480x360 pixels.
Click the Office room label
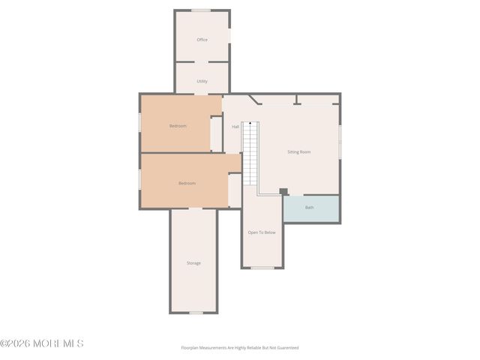click(x=202, y=40)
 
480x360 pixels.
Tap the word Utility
click(x=202, y=81)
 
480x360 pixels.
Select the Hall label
click(x=235, y=127)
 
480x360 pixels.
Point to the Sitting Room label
click(x=298, y=151)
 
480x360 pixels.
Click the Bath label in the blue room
click(x=309, y=208)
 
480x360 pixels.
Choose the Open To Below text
click(x=262, y=232)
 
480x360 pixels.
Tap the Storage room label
click(x=193, y=262)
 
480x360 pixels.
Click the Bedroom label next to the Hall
click(x=178, y=126)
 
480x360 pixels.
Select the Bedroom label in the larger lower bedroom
click(x=187, y=183)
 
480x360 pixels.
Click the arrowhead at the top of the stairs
click(x=250, y=123)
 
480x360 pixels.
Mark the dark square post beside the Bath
click(x=283, y=191)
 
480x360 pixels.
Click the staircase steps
click(x=250, y=157)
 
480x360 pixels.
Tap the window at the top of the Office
click(x=200, y=10)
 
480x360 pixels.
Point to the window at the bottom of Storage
click(x=196, y=313)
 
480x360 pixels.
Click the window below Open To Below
click(x=262, y=267)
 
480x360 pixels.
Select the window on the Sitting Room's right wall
click(x=340, y=141)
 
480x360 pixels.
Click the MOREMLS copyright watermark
click(x=42, y=343)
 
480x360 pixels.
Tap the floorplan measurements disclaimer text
click(x=239, y=348)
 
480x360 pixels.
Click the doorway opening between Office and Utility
click(x=202, y=62)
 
